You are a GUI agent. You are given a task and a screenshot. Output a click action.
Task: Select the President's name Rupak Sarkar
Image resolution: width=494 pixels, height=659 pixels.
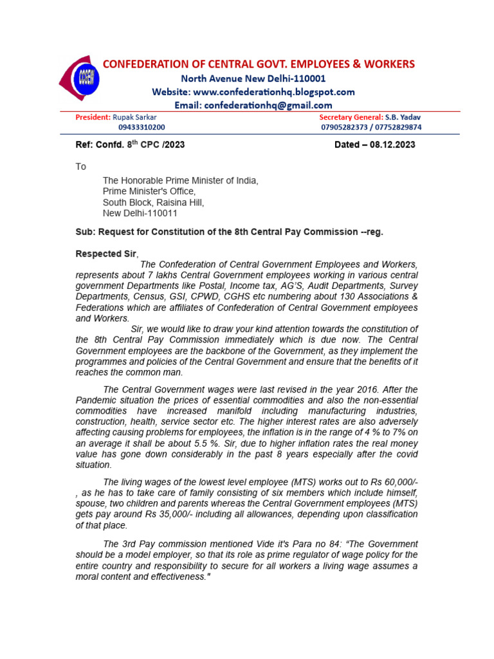coord(134,117)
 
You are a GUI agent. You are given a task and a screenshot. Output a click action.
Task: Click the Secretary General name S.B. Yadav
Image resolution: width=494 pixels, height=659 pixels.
coord(403,117)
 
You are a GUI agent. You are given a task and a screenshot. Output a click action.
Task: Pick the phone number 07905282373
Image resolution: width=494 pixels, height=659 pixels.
coord(347,127)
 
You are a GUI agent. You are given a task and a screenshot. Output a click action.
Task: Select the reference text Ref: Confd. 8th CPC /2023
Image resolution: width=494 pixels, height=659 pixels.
coord(130,145)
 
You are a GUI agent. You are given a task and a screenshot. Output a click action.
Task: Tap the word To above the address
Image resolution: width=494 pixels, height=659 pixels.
coord(80,167)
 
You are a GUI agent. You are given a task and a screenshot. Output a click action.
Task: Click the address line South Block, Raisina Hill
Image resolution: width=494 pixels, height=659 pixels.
coord(154,202)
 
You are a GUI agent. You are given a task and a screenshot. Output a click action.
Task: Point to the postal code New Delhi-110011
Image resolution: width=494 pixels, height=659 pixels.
coord(140,213)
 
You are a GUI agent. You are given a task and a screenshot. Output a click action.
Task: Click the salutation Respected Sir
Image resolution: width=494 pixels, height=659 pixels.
coord(106,254)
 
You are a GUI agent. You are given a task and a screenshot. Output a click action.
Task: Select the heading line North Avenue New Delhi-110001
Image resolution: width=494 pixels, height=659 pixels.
coord(253,79)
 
